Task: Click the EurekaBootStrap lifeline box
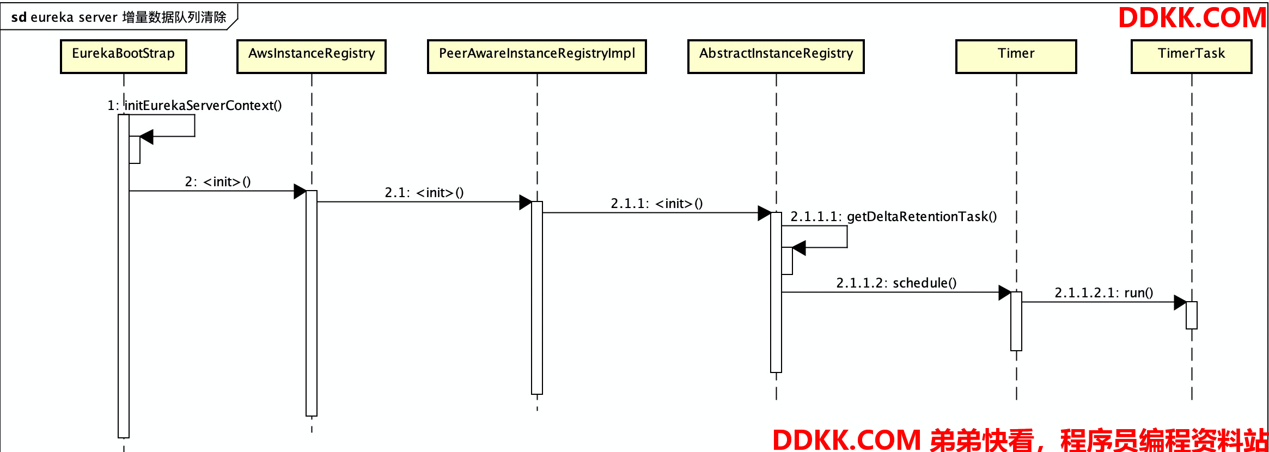124,56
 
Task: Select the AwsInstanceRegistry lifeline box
312,56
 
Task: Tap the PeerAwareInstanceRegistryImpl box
537,56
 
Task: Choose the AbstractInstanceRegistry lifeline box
776,56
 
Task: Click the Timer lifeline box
1016,56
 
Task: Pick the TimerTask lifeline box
1192,56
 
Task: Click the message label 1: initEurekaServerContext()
194,105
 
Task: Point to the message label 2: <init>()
218,181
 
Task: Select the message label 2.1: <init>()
424,192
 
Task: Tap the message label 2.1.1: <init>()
657,203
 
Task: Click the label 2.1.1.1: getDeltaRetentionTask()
894,216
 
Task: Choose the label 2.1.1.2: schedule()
896,283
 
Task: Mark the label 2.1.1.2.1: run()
1104,292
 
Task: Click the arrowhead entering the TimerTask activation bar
1180,302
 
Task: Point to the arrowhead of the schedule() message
1005,292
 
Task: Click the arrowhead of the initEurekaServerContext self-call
147,137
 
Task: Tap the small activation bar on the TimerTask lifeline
1192,315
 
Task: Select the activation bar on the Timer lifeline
1016,321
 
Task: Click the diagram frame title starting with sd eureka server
119,17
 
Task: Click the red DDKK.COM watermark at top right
1192,17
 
